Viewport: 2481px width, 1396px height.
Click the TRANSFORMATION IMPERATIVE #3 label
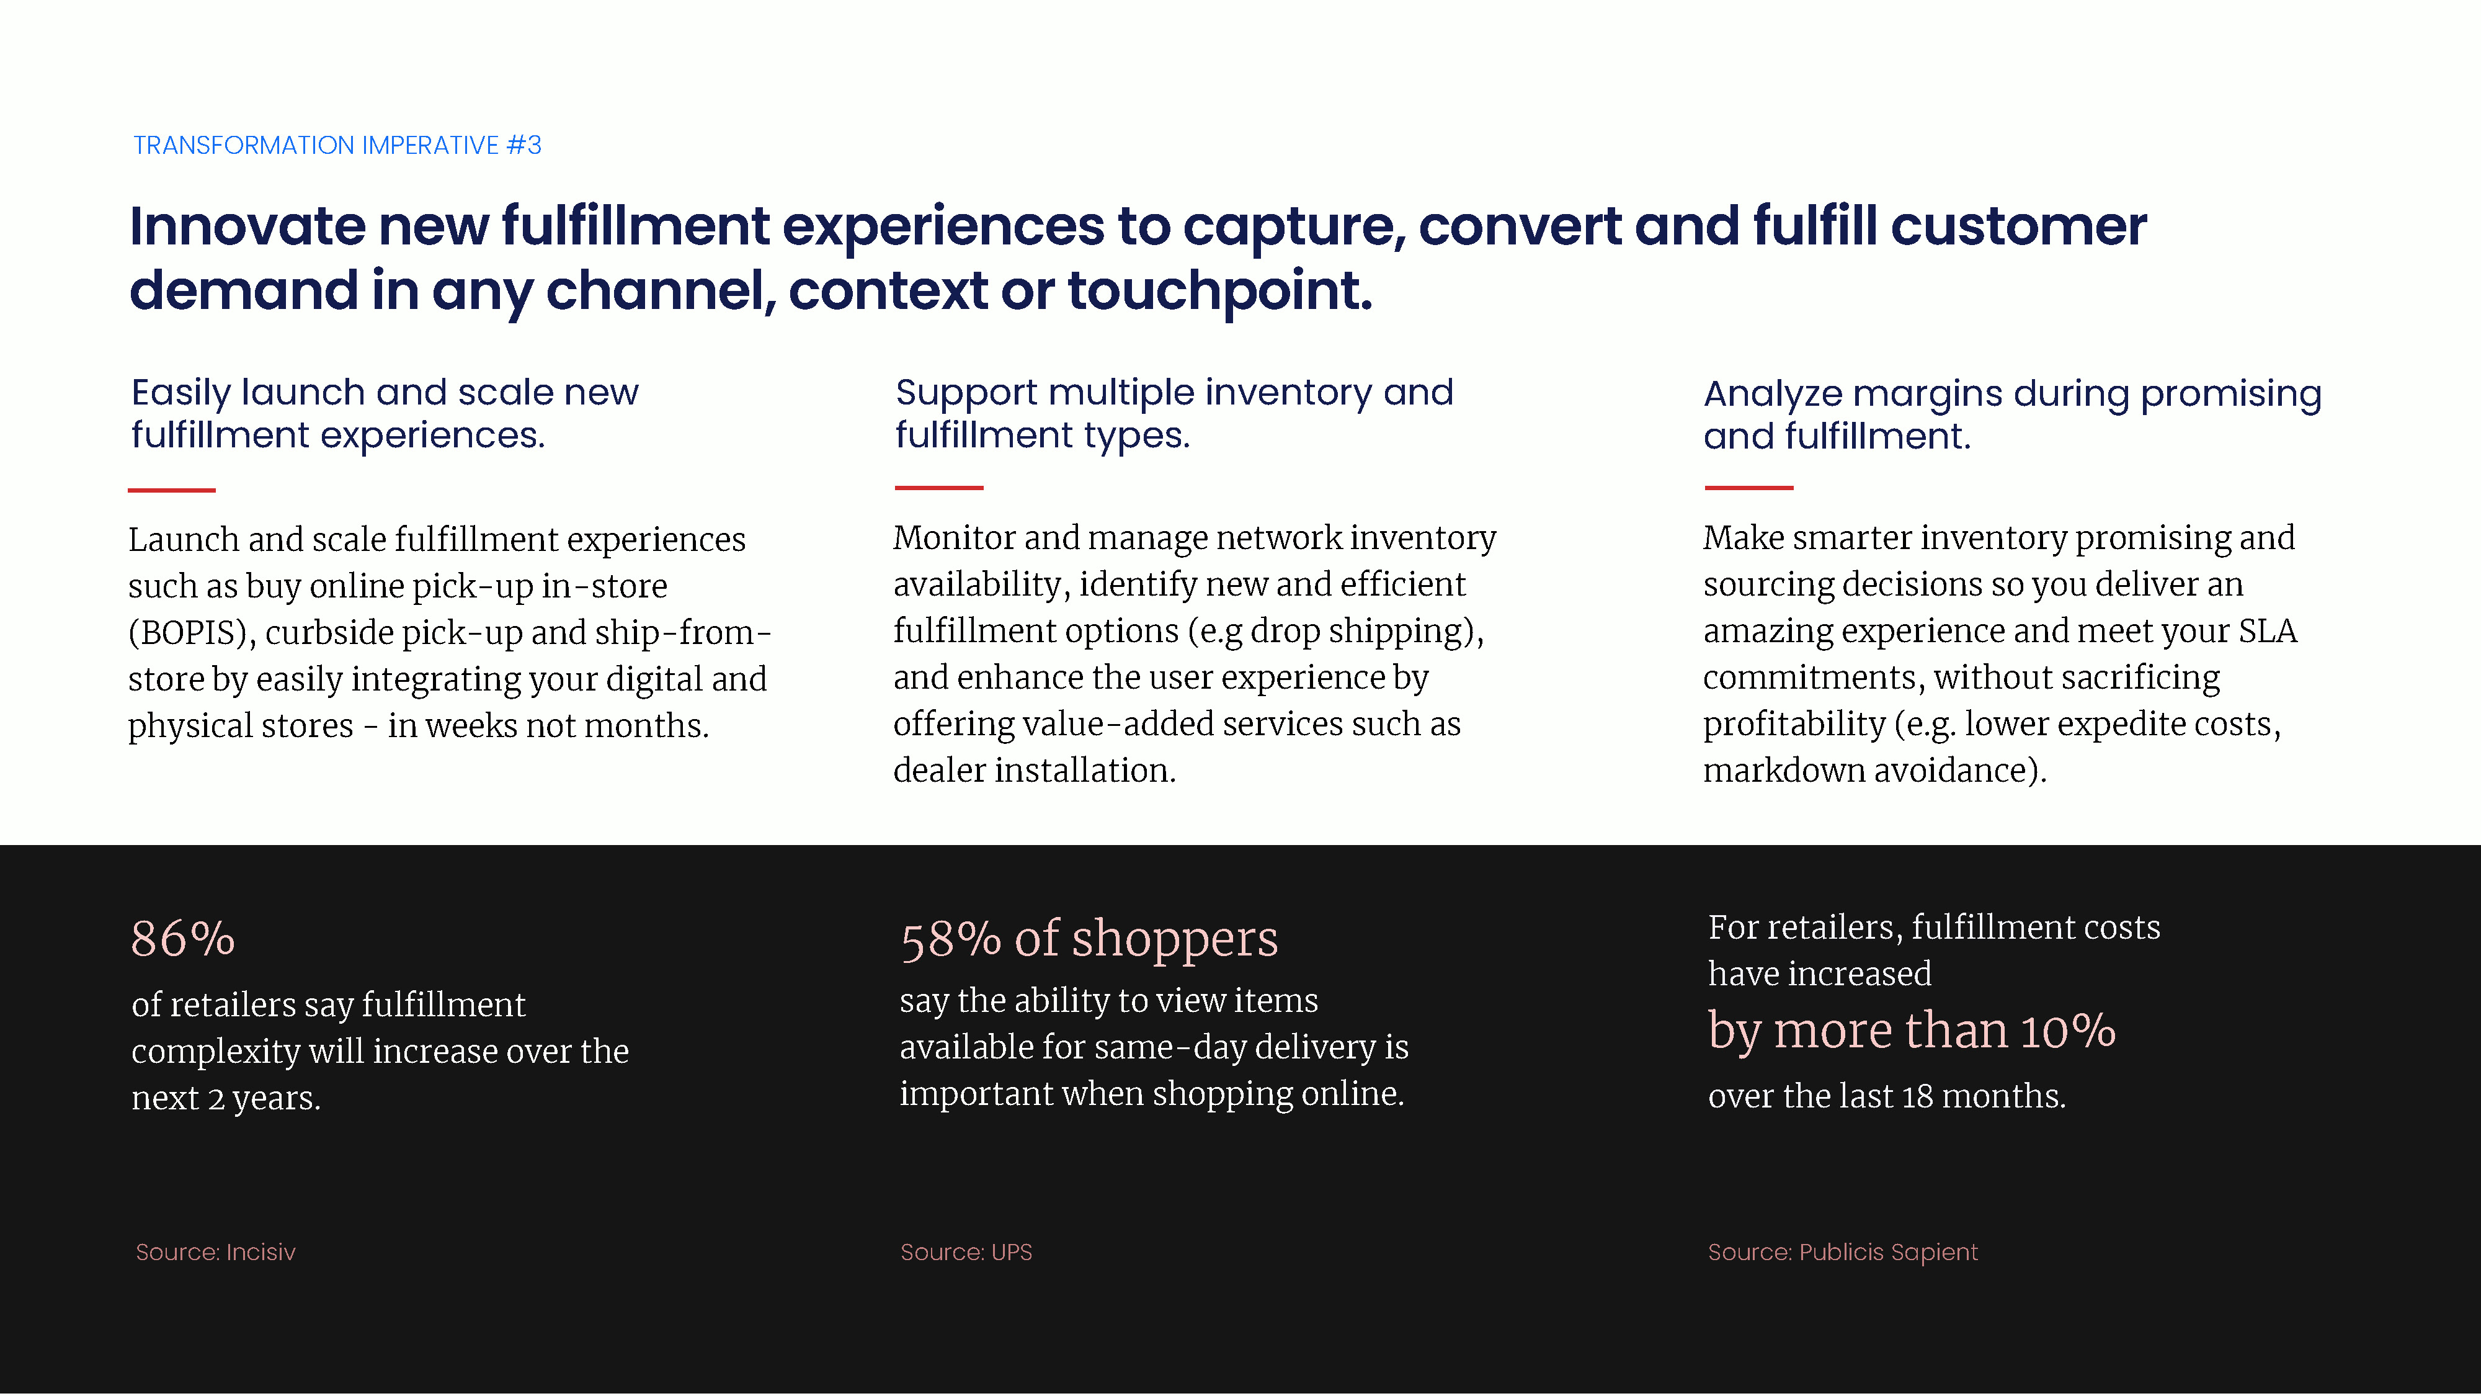[x=337, y=145]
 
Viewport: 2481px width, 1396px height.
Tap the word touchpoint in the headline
[x=1219, y=292]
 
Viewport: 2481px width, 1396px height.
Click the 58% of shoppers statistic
[x=1089, y=939]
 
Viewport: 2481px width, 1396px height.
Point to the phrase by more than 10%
[x=1912, y=1031]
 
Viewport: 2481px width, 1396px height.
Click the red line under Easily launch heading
[x=171, y=490]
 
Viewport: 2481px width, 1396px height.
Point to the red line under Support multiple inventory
[x=939, y=488]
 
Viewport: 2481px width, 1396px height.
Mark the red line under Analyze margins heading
[x=1749, y=488]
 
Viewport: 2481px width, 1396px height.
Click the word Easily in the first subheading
[x=181, y=393]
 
